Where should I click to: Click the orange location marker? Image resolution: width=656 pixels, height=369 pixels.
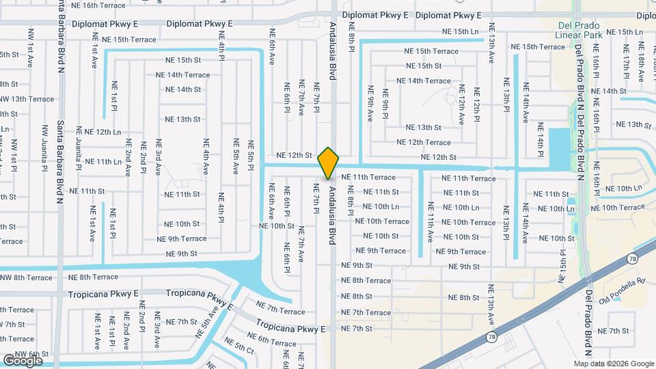(x=329, y=163)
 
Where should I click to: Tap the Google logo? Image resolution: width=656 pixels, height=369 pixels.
(x=22, y=359)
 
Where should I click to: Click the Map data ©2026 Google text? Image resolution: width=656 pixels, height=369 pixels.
(x=614, y=364)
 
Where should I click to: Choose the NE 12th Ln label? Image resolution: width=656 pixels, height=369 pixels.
(x=98, y=132)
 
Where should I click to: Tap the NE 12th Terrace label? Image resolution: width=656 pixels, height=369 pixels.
(x=424, y=142)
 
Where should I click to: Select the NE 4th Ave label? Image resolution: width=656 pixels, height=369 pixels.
(x=205, y=157)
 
